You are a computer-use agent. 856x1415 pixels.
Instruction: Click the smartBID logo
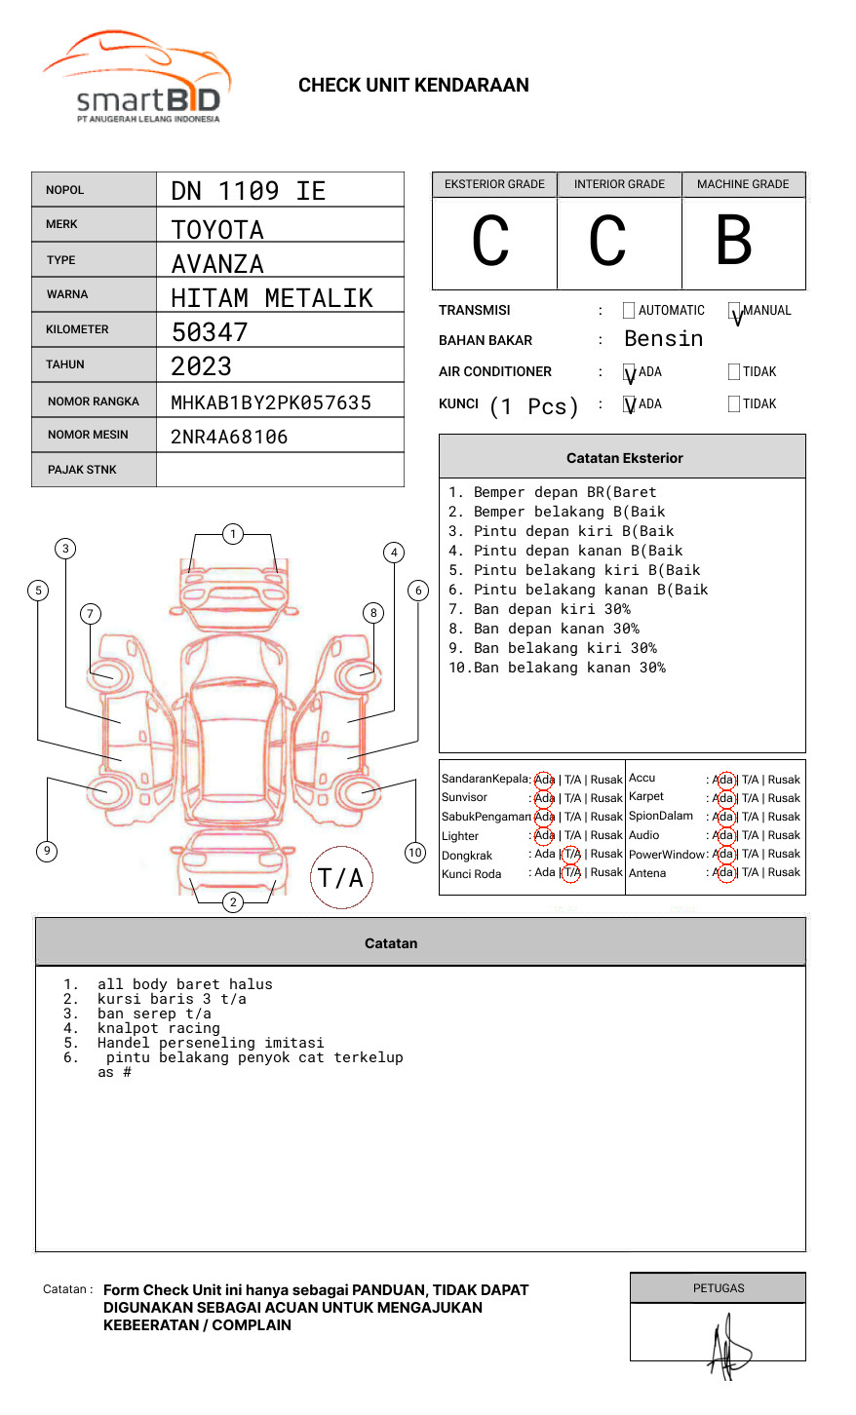point(136,78)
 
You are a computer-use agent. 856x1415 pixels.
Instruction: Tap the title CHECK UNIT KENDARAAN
point(413,86)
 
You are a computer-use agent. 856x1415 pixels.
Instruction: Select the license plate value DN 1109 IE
point(248,191)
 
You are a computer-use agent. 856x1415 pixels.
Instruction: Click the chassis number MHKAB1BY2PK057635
point(271,402)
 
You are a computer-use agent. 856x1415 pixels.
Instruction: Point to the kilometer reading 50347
point(210,332)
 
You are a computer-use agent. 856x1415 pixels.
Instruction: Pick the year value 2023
point(202,366)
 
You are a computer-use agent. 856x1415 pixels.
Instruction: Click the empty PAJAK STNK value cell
point(280,470)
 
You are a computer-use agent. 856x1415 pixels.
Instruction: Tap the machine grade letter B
point(733,241)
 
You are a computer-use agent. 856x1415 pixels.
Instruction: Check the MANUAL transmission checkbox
point(734,311)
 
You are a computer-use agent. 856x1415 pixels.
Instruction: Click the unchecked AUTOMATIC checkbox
point(629,311)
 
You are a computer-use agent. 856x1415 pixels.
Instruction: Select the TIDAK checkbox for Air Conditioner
point(734,371)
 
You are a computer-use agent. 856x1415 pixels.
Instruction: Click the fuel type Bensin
point(663,339)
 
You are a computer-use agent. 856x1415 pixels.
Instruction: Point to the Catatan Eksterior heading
point(624,458)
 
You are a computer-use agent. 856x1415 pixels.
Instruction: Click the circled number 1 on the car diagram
point(232,534)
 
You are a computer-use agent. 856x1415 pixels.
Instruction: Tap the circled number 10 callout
point(415,853)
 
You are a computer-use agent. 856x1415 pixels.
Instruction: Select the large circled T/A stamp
point(341,877)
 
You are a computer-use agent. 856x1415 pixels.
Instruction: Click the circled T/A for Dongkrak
point(572,855)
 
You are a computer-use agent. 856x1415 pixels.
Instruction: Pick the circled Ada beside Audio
point(723,835)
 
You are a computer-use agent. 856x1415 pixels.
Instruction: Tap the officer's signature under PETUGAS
point(727,1349)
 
